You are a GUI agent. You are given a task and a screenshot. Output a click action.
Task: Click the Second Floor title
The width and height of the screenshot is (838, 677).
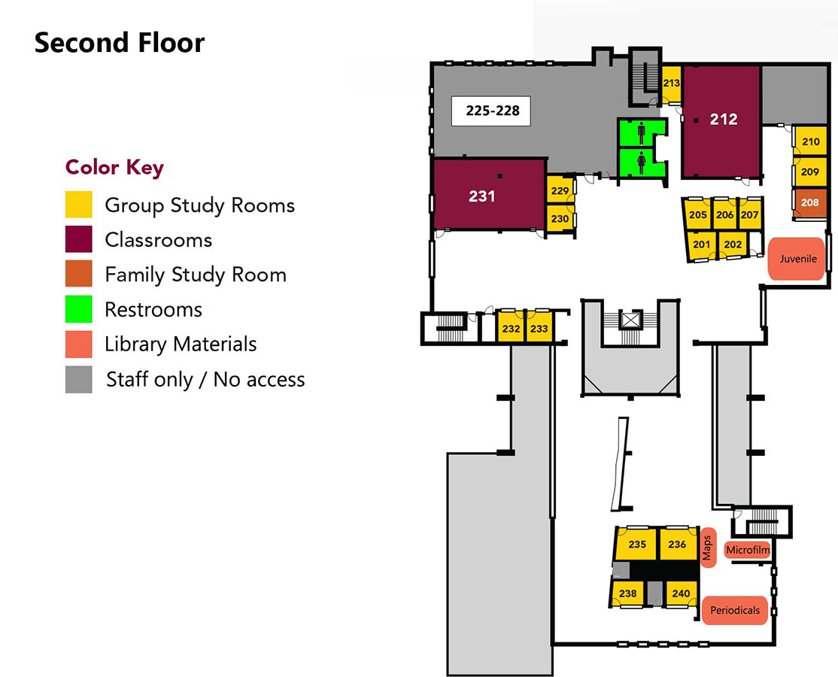[x=119, y=43]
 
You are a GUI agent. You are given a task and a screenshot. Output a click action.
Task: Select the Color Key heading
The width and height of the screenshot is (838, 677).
[x=114, y=167]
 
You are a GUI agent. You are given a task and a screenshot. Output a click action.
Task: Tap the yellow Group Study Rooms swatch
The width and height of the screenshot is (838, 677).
[x=79, y=205]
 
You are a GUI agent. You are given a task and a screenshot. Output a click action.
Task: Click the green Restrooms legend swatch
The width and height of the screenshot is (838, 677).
[x=79, y=309]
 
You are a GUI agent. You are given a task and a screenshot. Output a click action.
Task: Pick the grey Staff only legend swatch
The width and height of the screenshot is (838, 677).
[x=79, y=379]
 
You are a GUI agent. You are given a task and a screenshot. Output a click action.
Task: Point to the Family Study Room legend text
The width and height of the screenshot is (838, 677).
[x=196, y=275]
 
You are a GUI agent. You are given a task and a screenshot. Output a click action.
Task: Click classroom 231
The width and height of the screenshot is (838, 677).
[x=482, y=196]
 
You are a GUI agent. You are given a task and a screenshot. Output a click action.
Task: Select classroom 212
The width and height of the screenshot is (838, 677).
[x=724, y=119]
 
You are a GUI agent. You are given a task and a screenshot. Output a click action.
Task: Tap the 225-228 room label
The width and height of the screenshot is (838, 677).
[x=492, y=111]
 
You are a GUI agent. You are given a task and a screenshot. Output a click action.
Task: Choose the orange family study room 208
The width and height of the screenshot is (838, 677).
[x=809, y=202]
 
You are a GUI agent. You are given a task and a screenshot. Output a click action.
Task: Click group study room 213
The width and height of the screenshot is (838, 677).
[x=671, y=83]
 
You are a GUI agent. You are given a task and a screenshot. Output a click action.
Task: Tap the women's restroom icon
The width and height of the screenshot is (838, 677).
[x=641, y=163]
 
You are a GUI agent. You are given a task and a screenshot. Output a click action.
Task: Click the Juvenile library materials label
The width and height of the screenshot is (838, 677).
[x=797, y=259]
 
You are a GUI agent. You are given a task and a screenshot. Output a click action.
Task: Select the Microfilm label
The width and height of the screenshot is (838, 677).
[x=747, y=551]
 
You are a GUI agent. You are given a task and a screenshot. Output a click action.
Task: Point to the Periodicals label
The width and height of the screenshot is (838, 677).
[x=735, y=610]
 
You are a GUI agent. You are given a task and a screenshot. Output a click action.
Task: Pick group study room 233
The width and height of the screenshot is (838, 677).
[x=539, y=329]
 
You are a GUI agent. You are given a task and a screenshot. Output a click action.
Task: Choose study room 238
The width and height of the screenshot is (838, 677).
[x=627, y=594]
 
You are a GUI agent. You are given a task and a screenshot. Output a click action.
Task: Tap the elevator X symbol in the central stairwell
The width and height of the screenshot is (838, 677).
[x=630, y=320]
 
